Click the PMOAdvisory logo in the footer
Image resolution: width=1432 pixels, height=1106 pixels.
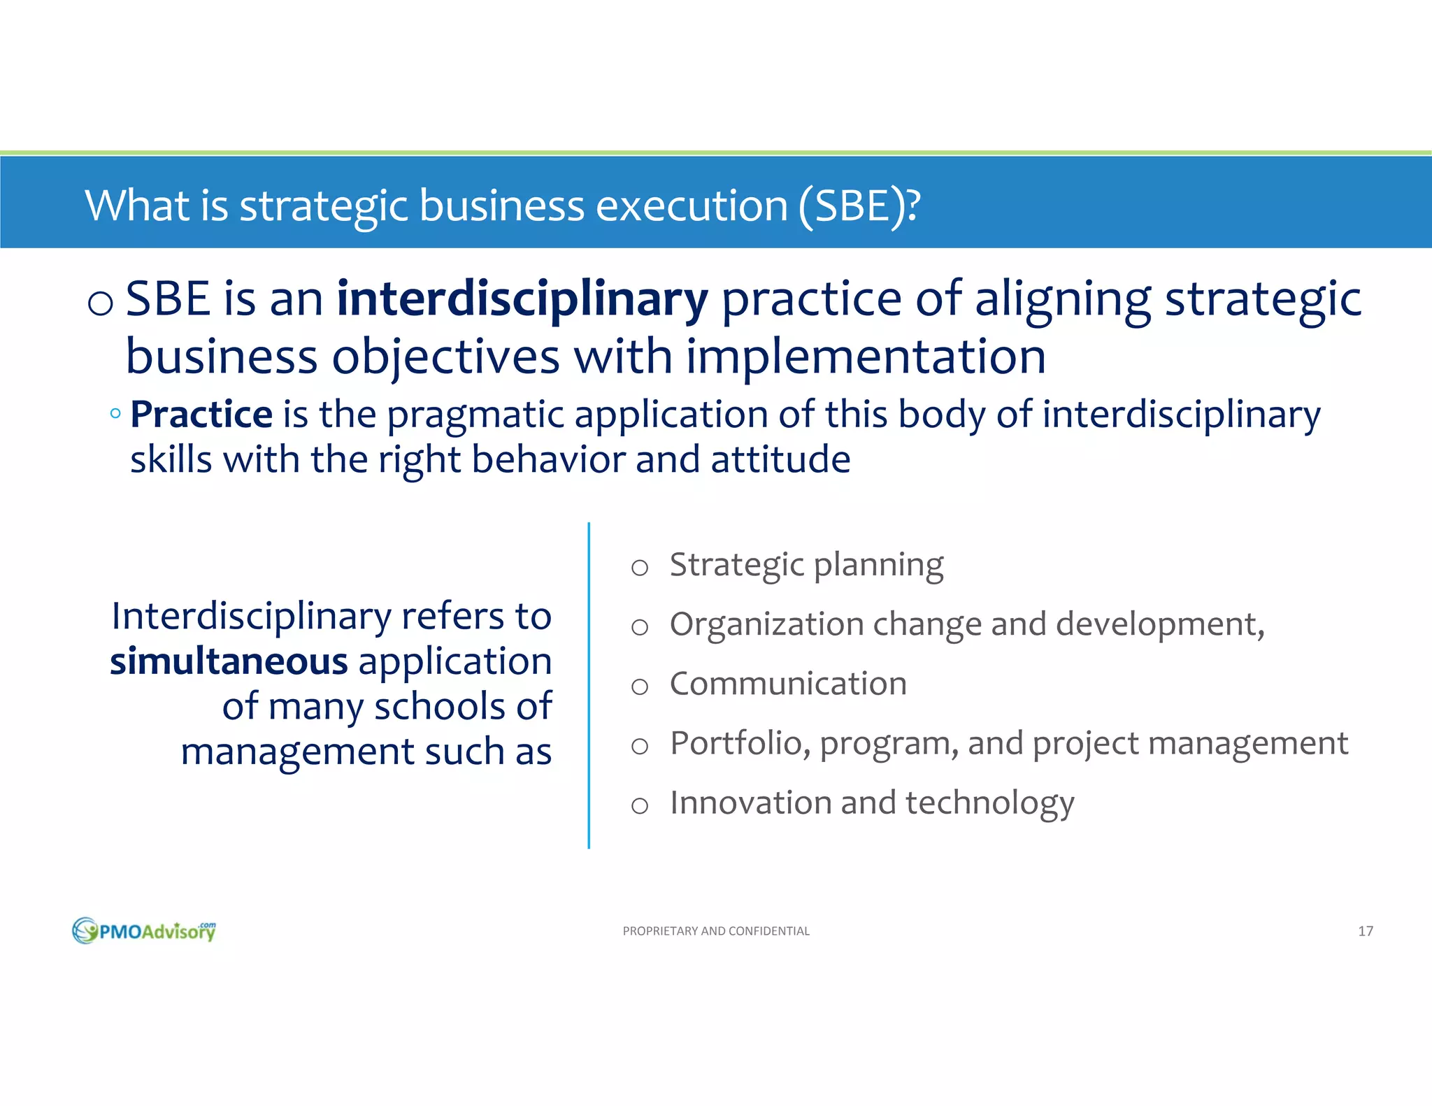coord(144,931)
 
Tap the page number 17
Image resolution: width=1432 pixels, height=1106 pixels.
coord(1365,931)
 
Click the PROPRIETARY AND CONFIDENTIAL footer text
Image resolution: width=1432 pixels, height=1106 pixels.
coord(715,931)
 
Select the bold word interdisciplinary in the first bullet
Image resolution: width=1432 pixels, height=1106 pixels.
coord(522,299)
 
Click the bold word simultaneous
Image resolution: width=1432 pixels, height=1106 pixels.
coord(229,661)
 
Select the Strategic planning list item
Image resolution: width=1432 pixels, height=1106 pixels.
coord(805,565)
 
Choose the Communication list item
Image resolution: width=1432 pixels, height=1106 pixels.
coord(788,684)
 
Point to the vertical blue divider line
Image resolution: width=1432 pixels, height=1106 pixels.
coord(589,685)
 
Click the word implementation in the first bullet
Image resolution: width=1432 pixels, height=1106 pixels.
coord(865,357)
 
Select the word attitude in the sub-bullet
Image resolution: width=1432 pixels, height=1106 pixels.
coord(780,460)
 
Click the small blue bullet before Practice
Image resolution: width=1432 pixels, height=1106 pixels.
coord(115,413)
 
